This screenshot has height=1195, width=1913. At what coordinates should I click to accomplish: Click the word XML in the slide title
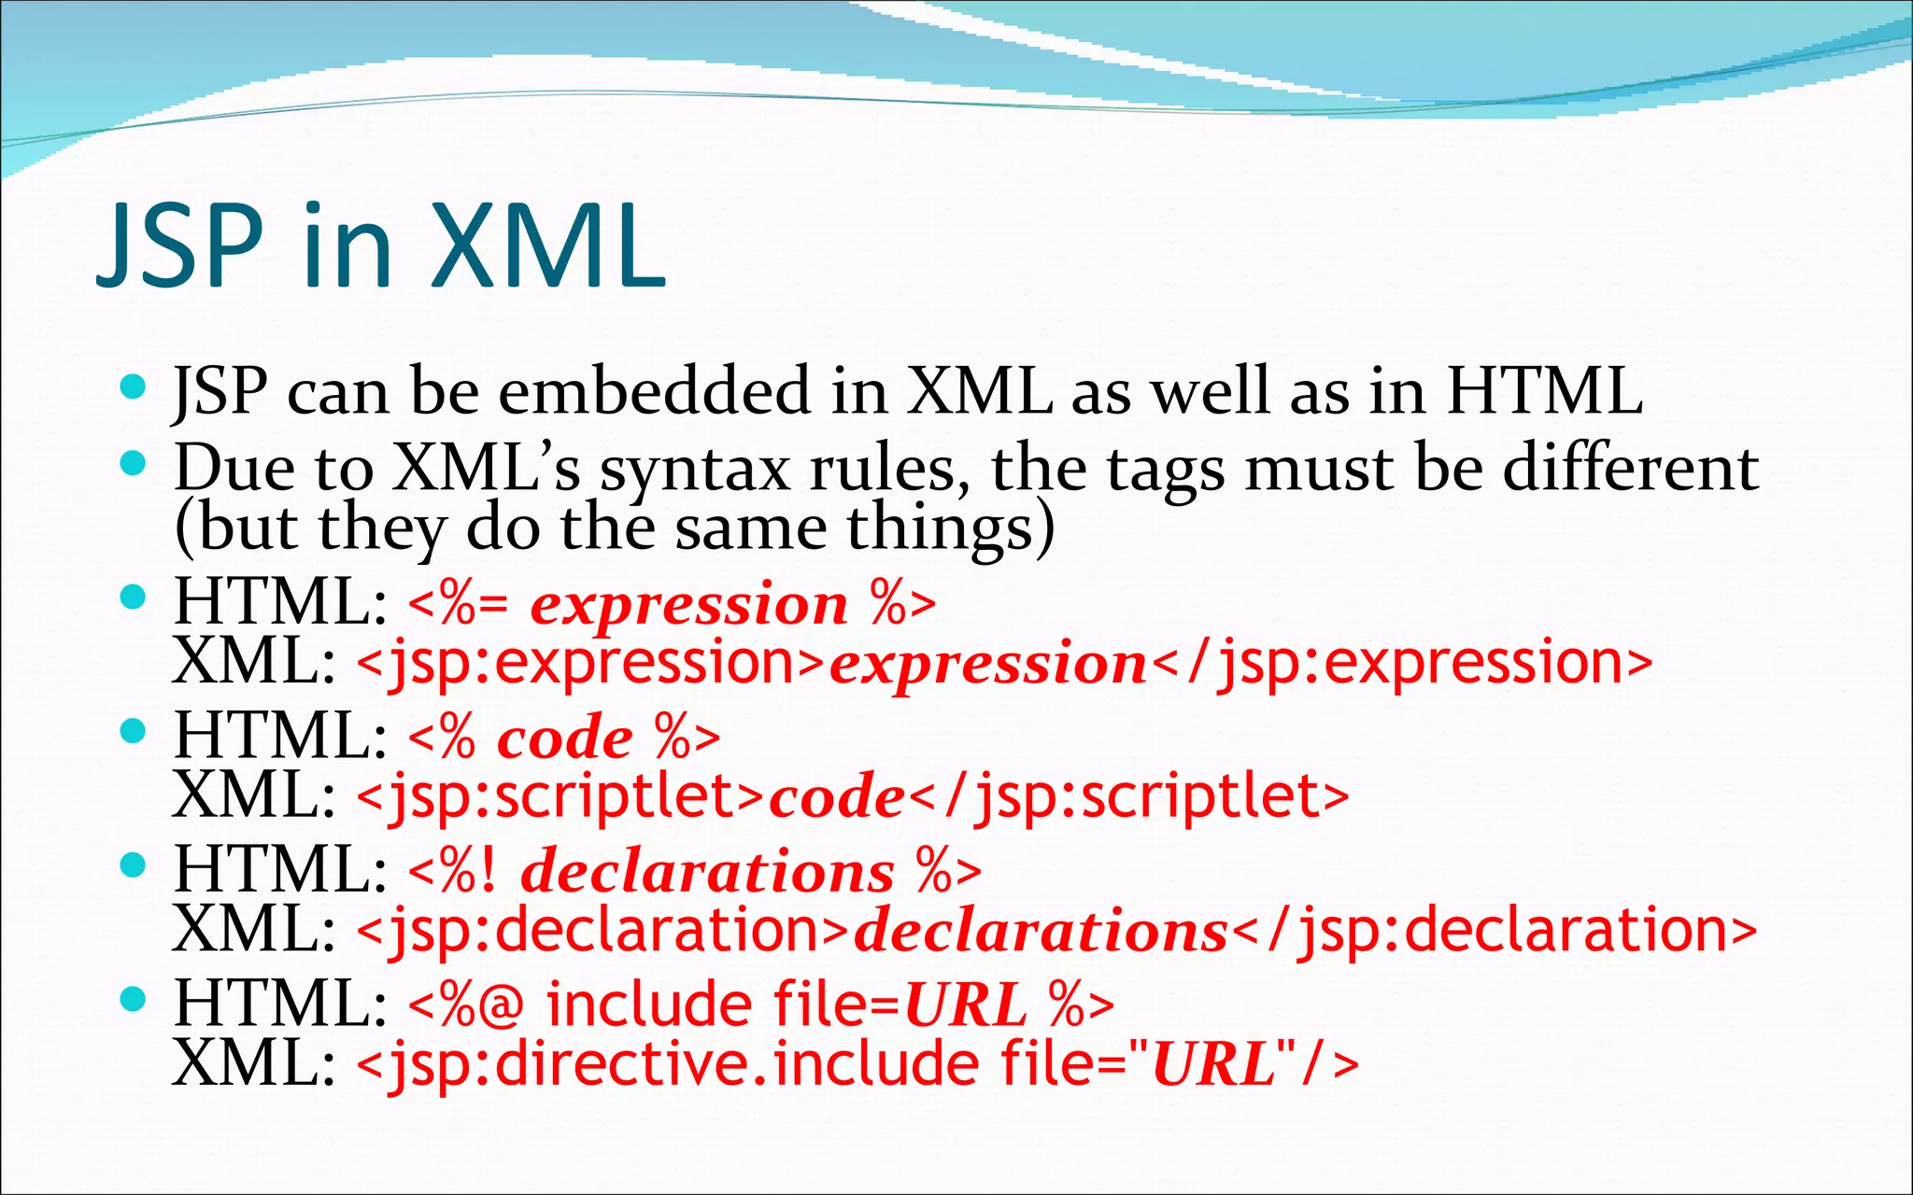point(548,246)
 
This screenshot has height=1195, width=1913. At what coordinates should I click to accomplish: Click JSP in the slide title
point(180,246)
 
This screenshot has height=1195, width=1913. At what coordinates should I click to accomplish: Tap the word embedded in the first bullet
point(654,390)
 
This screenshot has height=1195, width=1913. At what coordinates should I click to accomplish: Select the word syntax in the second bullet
point(695,470)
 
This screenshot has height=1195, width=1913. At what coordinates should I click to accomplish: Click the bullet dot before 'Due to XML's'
point(134,461)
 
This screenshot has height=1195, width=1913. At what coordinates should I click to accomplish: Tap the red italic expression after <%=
point(689,604)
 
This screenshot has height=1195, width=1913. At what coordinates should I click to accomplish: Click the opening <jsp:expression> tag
point(591,664)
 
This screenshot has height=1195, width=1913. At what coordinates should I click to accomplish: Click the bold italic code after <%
point(565,738)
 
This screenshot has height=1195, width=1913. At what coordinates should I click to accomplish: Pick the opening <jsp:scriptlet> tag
point(560,797)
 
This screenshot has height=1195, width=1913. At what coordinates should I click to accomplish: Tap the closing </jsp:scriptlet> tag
point(1129,797)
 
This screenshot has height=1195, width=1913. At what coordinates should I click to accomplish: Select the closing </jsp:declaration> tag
point(1495,931)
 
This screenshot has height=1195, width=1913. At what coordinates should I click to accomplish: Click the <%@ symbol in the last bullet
point(465,1005)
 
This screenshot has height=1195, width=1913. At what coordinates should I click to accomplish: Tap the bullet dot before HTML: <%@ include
point(134,999)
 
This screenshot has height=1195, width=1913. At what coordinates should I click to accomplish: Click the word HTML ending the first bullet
point(1544,390)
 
